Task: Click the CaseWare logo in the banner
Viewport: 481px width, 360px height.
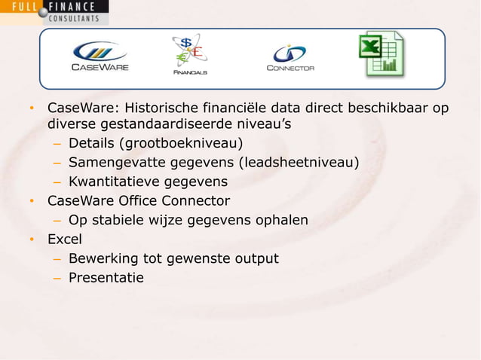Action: click(x=100, y=56)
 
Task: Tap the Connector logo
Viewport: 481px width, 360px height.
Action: click(x=290, y=57)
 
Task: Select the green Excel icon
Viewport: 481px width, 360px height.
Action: click(x=381, y=54)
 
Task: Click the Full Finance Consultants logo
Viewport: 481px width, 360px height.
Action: click(x=54, y=12)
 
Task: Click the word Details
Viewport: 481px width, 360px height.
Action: click(x=93, y=143)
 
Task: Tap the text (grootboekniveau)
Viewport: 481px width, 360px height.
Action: click(x=182, y=143)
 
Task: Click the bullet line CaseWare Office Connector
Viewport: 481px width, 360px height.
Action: click(x=139, y=201)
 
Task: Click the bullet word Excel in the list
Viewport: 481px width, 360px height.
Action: click(x=65, y=239)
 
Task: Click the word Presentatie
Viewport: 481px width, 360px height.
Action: click(x=106, y=278)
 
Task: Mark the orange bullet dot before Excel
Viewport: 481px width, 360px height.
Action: click(x=32, y=240)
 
